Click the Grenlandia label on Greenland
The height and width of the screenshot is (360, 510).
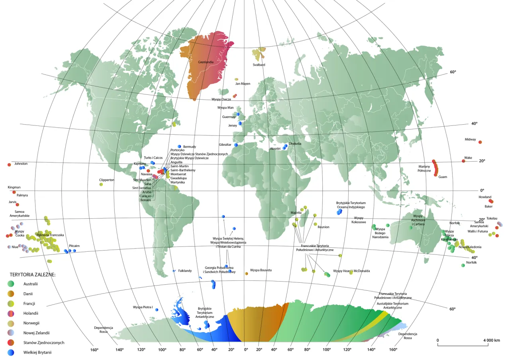pyautogui.click(x=206, y=62)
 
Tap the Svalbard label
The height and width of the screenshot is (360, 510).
pyautogui.click(x=259, y=65)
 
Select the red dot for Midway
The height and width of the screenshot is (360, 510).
pyautogui.click(x=480, y=142)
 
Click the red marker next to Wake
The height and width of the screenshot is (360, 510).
pyautogui.click(x=463, y=161)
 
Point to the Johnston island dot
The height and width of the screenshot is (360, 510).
pyautogui.click(x=9, y=164)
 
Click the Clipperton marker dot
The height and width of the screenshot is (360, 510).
pyautogui.click(x=101, y=184)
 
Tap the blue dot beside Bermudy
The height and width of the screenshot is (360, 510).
pyautogui.click(x=179, y=147)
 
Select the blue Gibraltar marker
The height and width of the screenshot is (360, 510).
pyautogui.click(x=236, y=145)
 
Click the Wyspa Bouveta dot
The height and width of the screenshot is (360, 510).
pyautogui.click(x=247, y=273)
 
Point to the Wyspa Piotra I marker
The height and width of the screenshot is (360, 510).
pyautogui.click(x=157, y=309)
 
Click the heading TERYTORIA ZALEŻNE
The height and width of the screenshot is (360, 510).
pyautogui.click(x=33, y=275)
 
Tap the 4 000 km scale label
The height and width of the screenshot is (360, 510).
pyautogui.click(x=491, y=340)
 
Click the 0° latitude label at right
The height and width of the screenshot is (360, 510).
pyautogui.click(x=481, y=191)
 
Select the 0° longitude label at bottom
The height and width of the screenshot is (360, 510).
pyautogui.click(x=245, y=350)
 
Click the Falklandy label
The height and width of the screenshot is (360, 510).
pyautogui.click(x=185, y=271)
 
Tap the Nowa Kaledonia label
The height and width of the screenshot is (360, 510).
pyautogui.click(x=470, y=247)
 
